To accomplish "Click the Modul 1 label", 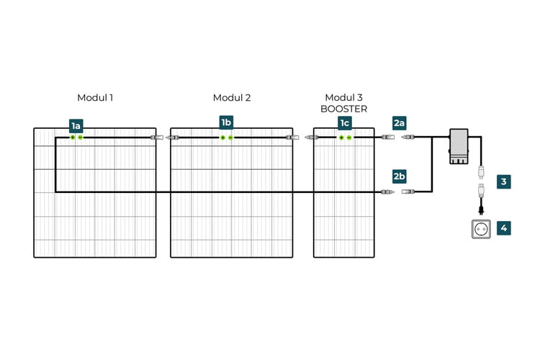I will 95,98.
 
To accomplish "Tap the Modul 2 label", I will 232,98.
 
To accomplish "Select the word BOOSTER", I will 344,109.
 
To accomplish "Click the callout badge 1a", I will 76,126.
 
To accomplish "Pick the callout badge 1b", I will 226,122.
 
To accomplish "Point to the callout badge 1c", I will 345,123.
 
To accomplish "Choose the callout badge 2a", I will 399,123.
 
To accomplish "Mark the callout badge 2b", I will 399,176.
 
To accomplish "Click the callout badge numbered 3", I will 503,181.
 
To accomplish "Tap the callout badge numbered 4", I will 503,228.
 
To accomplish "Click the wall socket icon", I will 481,229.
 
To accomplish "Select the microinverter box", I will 459,145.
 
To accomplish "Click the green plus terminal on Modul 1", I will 73,138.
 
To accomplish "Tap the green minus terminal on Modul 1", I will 81,138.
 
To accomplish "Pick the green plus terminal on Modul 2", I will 222,138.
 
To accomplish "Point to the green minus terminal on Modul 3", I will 349,138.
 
